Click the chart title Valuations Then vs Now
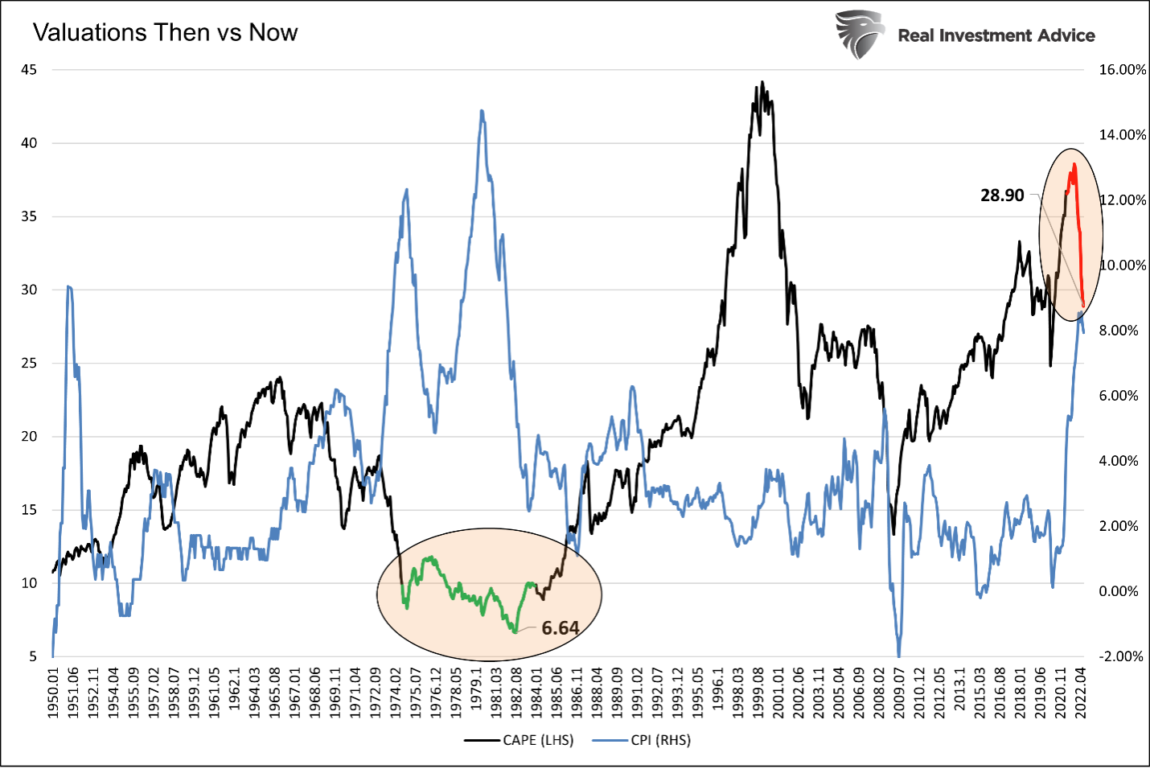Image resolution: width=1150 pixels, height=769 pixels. click(x=165, y=32)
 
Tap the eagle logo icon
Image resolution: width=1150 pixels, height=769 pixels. click(x=859, y=35)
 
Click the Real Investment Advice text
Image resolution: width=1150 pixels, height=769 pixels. click(x=996, y=35)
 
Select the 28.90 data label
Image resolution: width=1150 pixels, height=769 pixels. click(x=1002, y=195)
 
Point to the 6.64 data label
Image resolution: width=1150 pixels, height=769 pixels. click(x=560, y=628)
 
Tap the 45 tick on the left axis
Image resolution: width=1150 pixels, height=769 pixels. click(x=29, y=70)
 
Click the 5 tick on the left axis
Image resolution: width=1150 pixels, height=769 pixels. click(x=33, y=656)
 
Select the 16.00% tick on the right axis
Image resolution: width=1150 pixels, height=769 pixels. click(x=1123, y=70)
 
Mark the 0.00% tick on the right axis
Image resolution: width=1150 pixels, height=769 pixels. click(x=1119, y=591)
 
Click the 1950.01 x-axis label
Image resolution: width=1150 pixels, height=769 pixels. click(x=54, y=693)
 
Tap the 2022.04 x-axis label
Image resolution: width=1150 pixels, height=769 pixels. click(x=1081, y=693)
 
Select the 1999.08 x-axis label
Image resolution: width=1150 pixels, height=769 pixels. click(x=758, y=693)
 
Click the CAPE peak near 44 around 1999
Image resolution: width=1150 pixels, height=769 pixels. click(x=762, y=82)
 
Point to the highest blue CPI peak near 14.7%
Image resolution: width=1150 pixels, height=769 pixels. click(x=482, y=110)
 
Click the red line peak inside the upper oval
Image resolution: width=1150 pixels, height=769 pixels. click(x=1074, y=164)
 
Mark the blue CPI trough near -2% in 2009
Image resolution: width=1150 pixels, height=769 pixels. click(x=898, y=655)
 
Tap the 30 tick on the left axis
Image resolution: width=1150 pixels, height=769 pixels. click(x=29, y=290)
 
